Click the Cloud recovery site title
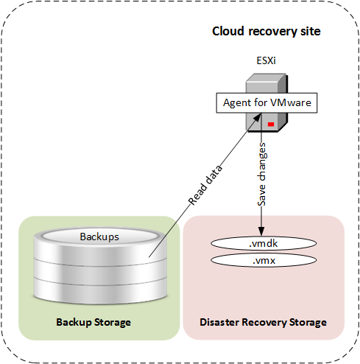[x=267, y=32]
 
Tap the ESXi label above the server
[x=266, y=60]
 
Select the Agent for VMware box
[x=267, y=103]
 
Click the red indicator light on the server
[x=271, y=124]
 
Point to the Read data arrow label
[x=205, y=185]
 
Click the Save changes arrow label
[x=261, y=175]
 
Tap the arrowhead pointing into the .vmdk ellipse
[x=261, y=231]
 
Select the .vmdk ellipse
[x=264, y=243]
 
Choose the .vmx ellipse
[x=264, y=260]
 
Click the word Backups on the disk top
[x=99, y=237]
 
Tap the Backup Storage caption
[x=93, y=322]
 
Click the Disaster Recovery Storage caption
[x=263, y=322]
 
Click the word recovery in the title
[x=272, y=32]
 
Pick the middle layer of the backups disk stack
[x=100, y=271]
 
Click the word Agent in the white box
[x=237, y=103]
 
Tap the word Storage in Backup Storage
[x=113, y=323]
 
